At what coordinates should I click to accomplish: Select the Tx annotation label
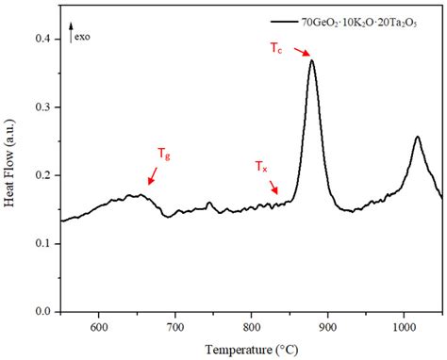coord(261,168)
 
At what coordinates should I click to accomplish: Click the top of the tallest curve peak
coord(311,60)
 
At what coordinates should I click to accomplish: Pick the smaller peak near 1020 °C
coord(417,137)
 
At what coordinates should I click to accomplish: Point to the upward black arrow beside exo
coord(74,37)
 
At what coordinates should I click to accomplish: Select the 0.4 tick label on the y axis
coord(43,40)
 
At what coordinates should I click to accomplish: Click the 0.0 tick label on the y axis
coord(43,312)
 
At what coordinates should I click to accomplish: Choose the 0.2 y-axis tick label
coord(43,176)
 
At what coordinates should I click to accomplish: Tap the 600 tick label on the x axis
coord(98,327)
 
